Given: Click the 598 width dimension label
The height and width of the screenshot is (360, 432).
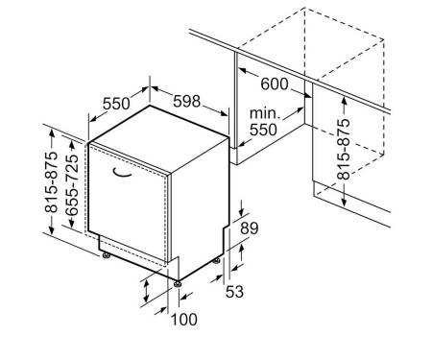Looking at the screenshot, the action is (186, 101).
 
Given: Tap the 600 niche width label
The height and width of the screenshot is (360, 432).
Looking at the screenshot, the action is (275, 84).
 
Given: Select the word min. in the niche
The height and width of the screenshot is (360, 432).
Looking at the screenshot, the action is (265, 113).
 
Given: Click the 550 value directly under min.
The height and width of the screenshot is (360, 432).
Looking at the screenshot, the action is (263, 130).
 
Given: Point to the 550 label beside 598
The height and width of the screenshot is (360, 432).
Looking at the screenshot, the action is (116, 104).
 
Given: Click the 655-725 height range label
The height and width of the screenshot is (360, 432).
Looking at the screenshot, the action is (72, 184).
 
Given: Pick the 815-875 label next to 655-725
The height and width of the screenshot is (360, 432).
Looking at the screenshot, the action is (51, 181).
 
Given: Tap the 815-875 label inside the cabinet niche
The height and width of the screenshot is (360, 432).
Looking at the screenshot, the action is (344, 149).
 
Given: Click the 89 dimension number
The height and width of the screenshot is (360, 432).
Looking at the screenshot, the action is (250, 228).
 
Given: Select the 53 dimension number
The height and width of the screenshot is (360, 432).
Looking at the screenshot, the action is (234, 292).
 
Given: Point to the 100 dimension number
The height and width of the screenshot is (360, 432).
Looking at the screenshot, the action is (184, 320).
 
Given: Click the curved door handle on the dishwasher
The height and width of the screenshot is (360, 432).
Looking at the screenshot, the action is (122, 173).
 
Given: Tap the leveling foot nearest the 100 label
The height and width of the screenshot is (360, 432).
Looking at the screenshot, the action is (177, 284).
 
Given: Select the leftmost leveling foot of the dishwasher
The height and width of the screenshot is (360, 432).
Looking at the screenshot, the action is (106, 255).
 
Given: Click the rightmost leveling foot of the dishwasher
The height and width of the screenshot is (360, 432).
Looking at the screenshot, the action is (216, 260).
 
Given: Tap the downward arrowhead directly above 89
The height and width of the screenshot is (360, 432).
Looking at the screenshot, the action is (242, 212).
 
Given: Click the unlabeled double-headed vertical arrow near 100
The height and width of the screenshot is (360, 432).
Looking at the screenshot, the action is (146, 291).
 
